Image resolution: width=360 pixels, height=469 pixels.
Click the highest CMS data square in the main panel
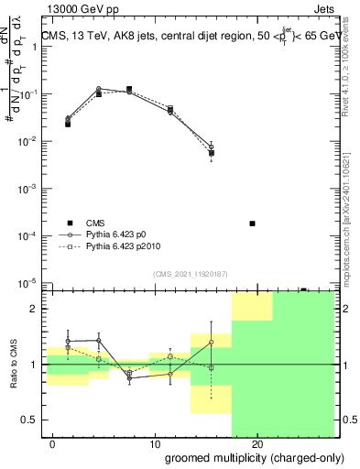(x=129, y=90)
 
